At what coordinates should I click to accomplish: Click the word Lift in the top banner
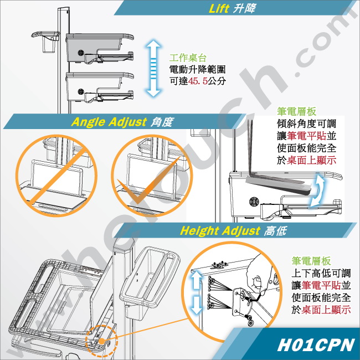219,8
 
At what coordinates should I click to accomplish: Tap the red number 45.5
198,81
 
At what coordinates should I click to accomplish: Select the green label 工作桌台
188,58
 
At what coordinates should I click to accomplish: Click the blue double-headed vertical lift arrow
153,68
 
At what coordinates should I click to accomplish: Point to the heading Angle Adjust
109,122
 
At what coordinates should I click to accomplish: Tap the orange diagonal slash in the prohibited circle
58,176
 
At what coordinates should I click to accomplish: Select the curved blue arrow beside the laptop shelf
317,189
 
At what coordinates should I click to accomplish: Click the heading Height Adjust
220,231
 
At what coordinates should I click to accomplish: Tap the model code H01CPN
316,344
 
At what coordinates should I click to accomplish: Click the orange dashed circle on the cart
101,341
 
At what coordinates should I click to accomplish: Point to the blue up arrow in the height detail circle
196,280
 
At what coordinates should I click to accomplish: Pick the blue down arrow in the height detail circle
196,305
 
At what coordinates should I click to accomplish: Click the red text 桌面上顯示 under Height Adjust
326,310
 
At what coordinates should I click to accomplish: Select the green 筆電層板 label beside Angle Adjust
296,111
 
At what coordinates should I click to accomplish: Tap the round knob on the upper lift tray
81,53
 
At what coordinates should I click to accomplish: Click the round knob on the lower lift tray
81,92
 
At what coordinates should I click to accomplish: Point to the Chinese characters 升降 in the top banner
244,8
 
